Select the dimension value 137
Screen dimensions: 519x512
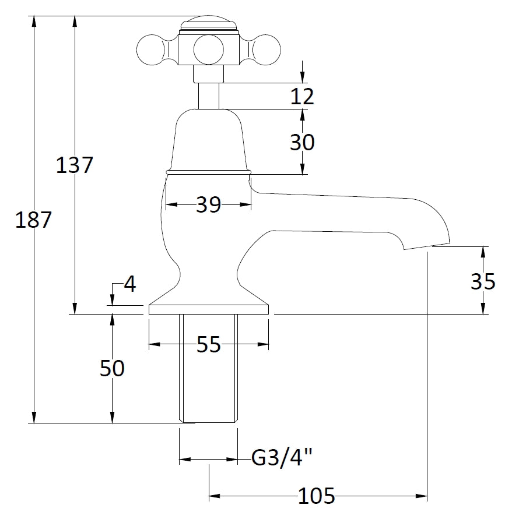(75, 165)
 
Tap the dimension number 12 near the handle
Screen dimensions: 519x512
(302, 96)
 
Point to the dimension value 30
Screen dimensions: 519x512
(302, 142)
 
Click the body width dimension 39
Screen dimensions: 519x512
(209, 204)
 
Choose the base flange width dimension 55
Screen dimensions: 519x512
(209, 345)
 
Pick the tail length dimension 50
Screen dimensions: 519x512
(111, 368)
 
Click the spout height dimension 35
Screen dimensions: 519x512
(482, 282)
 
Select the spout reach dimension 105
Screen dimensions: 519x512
(317, 496)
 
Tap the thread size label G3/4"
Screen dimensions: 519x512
(282, 458)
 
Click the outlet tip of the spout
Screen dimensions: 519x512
(429, 245)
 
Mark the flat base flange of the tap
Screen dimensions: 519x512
(209, 309)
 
